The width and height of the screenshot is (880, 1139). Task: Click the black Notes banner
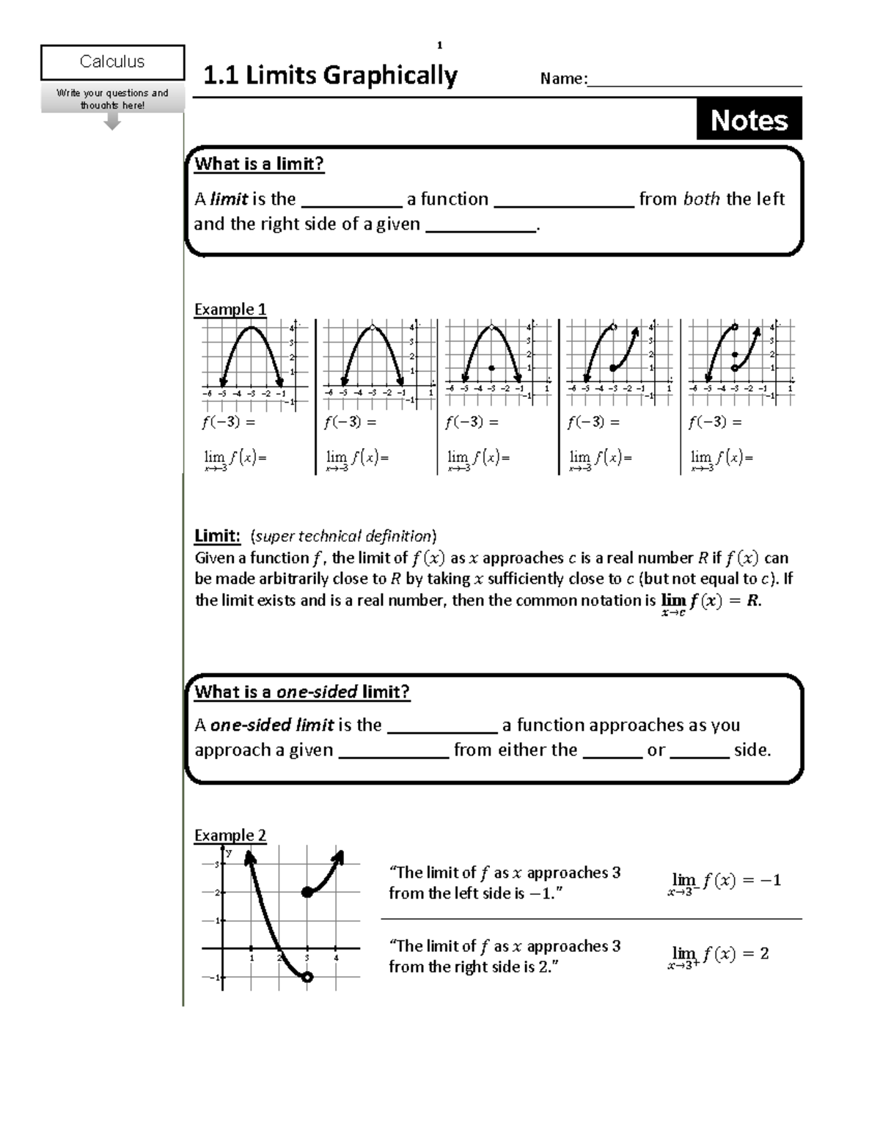(x=749, y=120)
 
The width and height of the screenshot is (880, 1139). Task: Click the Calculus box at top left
(x=112, y=62)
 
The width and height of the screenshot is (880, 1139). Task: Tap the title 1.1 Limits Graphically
(x=330, y=76)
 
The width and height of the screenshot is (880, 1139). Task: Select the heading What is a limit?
(x=259, y=164)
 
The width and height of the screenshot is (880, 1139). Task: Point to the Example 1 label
(x=230, y=310)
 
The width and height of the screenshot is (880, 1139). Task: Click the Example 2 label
(x=230, y=835)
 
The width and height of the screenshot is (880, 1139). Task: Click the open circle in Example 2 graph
(x=307, y=977)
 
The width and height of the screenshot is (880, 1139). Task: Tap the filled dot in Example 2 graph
(x=307, y=893)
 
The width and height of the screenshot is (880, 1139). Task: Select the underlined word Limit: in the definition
(x=217, y=536)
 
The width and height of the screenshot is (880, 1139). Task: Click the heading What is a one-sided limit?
(x=301, y=692)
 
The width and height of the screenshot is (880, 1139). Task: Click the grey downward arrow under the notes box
(x=111, y=122)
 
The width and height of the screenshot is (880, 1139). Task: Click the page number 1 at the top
(x=440, y=46)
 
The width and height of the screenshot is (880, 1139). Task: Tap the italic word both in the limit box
(x=701, y=199)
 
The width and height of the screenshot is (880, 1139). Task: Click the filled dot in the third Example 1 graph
(x=491, y=368)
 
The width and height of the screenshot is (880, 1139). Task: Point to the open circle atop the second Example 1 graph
(x=373, y=327)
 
